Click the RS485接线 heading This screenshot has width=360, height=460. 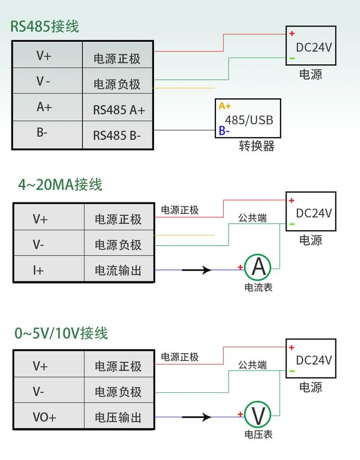pos(45,26)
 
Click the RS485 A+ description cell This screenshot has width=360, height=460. pos(119,110)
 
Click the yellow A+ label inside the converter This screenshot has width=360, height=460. pos(225,106)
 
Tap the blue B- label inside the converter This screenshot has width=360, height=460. pos(224,130)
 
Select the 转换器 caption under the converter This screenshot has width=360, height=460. pos(256,146)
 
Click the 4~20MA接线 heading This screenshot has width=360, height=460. pos(60,185)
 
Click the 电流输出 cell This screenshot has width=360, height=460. pos(118,271)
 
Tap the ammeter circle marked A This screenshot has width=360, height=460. pos(258,268)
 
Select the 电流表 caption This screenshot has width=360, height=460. pos(258,288)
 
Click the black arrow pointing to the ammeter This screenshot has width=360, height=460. pos(198,271)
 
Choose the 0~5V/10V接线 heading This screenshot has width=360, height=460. pos(61,333)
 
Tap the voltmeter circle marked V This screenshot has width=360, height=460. pos(258,415)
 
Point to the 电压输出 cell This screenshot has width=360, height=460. pos(118,417)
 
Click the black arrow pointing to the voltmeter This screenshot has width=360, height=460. pos(198,417)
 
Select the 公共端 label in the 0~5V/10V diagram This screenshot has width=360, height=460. pos(252,365)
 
